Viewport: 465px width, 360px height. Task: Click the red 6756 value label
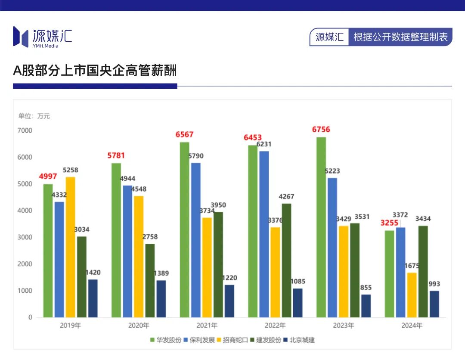pos(321,130)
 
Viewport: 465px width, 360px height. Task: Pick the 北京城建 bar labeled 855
pos(366,306)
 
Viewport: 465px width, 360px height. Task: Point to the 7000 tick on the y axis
pos(25,130)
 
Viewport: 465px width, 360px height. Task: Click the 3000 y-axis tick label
pos(25,237)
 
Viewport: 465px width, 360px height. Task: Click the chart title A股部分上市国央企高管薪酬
pos(95,71)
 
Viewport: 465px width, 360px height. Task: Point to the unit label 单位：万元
pos(34,116)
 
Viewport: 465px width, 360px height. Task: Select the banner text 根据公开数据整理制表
pos(400,37)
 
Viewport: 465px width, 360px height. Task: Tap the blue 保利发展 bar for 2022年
pos(263,234)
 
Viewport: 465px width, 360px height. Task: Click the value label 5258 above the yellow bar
pos(71,170)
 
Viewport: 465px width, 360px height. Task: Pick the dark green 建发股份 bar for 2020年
pos(150,280)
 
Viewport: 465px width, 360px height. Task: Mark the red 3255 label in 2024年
pos(389,223)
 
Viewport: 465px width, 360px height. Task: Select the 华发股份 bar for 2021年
pos(184,230)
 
